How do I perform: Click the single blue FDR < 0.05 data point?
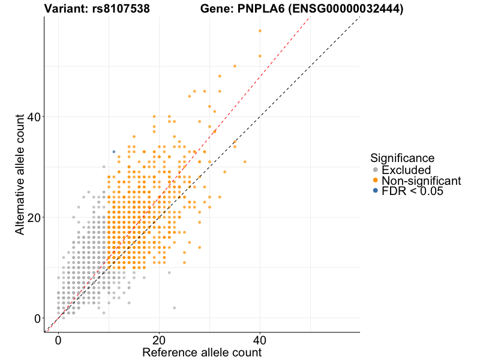114,151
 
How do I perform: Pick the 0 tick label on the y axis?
37,318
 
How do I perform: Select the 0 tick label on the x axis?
58,339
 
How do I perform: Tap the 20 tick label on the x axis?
159,339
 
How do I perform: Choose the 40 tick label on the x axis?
260,339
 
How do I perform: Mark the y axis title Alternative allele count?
20,174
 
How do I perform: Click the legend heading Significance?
402,158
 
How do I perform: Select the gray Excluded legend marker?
375,170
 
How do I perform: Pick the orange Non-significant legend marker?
375,181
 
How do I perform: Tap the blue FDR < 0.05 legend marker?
375,191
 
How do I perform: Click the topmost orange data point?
260,31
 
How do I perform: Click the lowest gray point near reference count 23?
174,308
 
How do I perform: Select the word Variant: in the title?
66,9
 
